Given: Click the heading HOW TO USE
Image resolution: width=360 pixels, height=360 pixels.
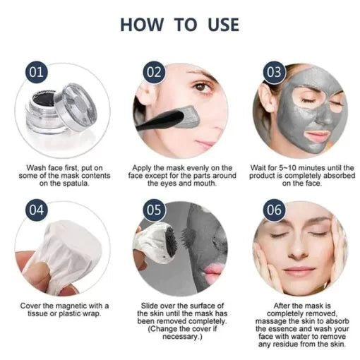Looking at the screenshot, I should [179, 24].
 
